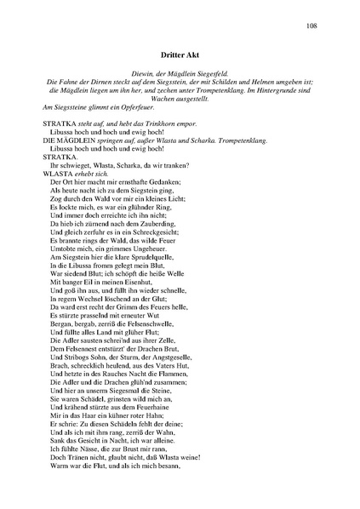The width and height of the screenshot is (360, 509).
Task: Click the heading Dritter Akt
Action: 180,54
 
